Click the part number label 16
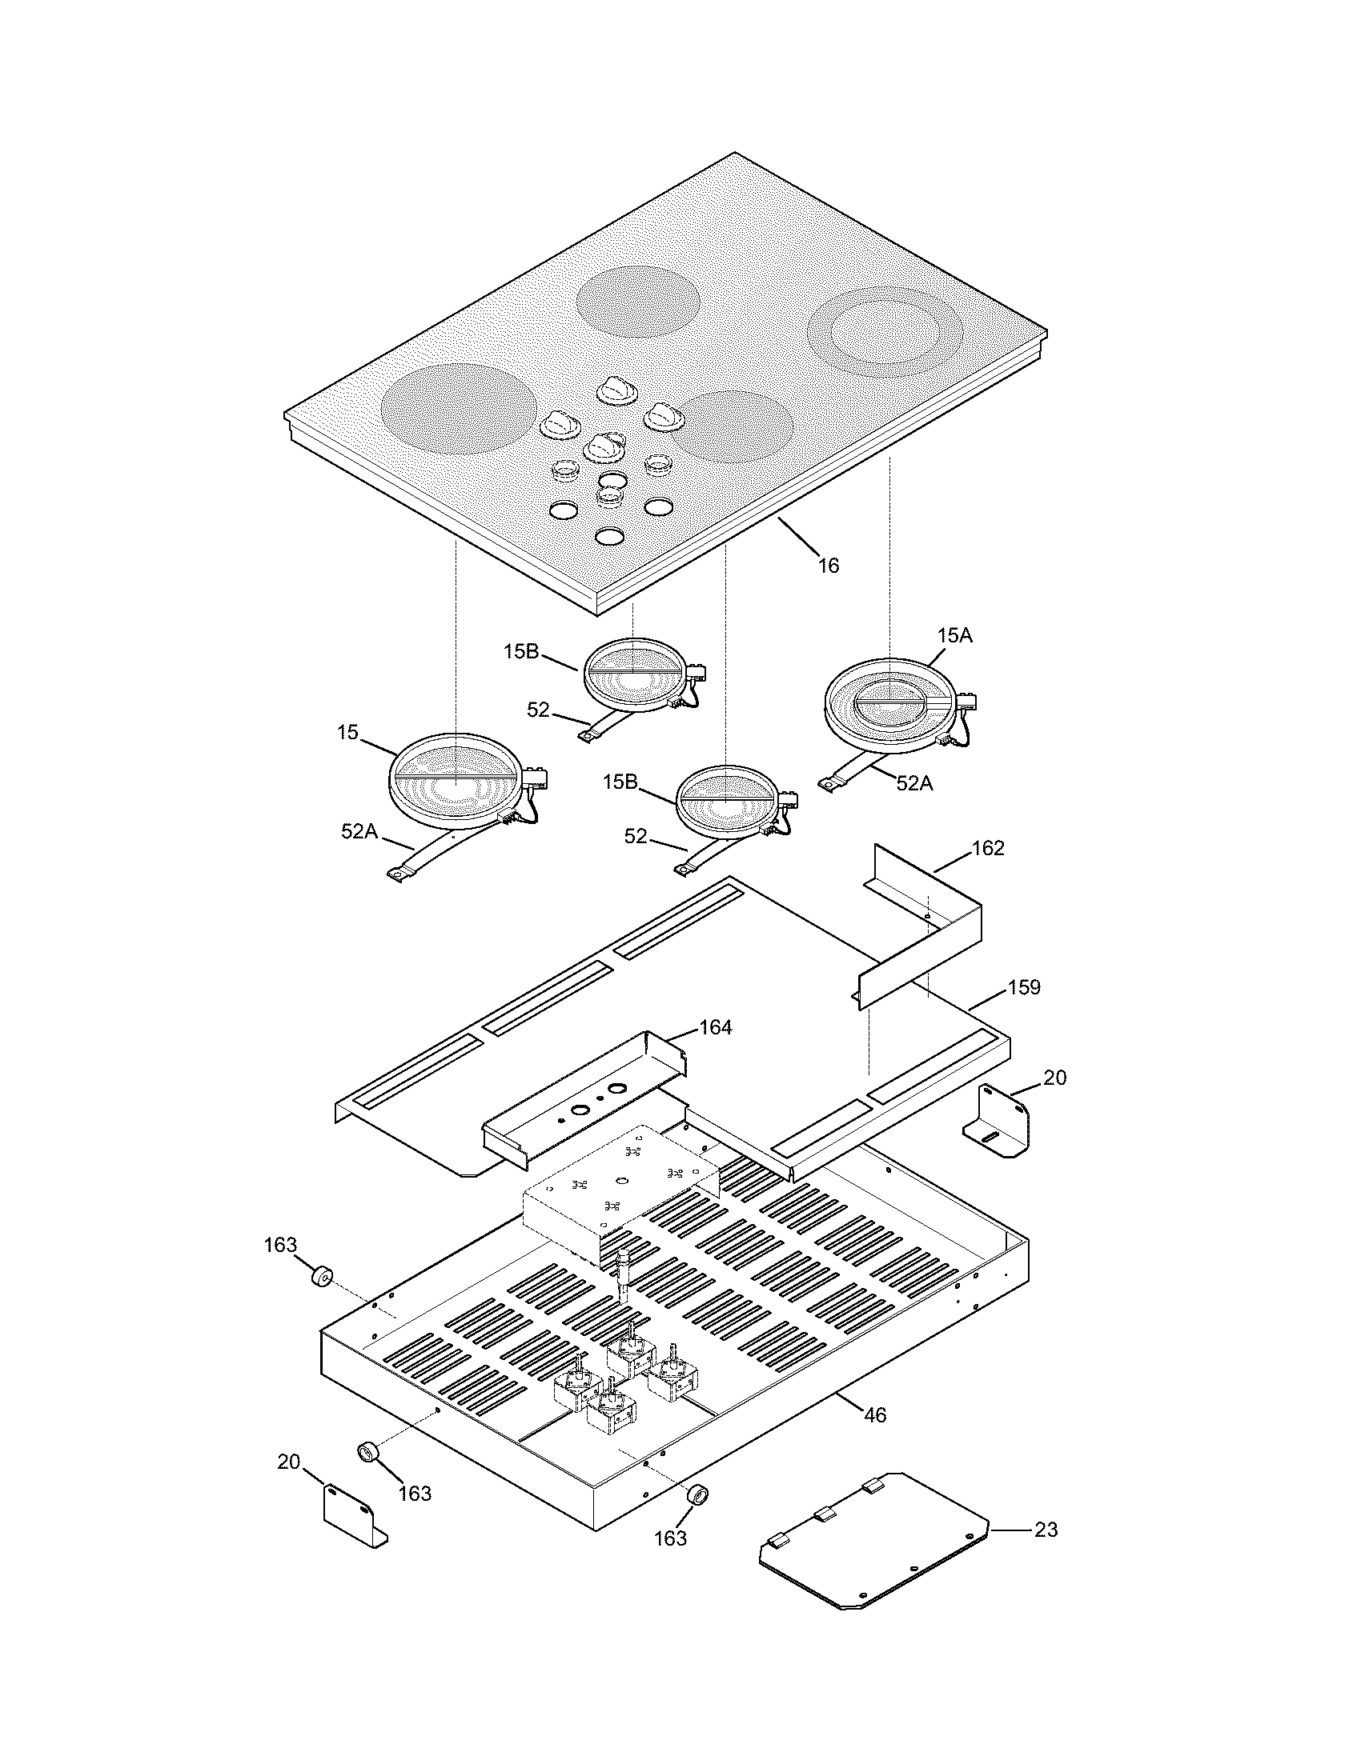[x=829, y=566]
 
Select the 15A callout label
[x=954, y=636]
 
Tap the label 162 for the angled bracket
[x=988, y=849]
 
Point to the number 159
[x=1024, y=987]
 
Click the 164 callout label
[x=715, y=1027]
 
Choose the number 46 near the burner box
[x=875, y=1415]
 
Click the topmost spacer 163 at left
[x=323, y=1278]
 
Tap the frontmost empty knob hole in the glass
[x=610, y=536]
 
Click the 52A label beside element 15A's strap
[x=914, y=783]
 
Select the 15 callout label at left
[x=347, y=734]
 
